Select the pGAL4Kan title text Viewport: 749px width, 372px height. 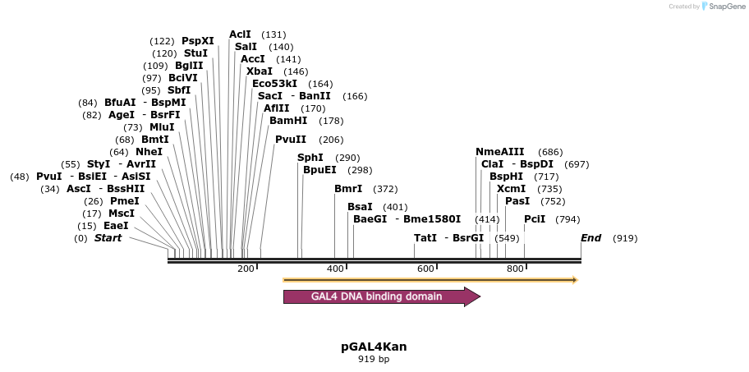(374, 347)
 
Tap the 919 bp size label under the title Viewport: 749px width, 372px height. (374, 360)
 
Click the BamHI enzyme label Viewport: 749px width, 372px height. (288, 121)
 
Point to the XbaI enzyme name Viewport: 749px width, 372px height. (260, 71)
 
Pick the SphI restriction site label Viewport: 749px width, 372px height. (310, 158)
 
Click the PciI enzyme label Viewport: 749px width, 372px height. (535, 219)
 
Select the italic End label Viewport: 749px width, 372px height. (591, 238)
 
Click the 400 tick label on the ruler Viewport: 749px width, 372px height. (336, 269)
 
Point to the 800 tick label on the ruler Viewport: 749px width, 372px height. (515, 269)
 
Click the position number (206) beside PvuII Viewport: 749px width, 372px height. (331, 140)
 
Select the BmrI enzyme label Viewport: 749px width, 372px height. (348, 189)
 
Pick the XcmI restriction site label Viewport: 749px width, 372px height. (512, 189)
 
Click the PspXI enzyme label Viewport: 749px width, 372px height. (197, 41)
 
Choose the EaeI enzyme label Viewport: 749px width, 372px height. (116, 226)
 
